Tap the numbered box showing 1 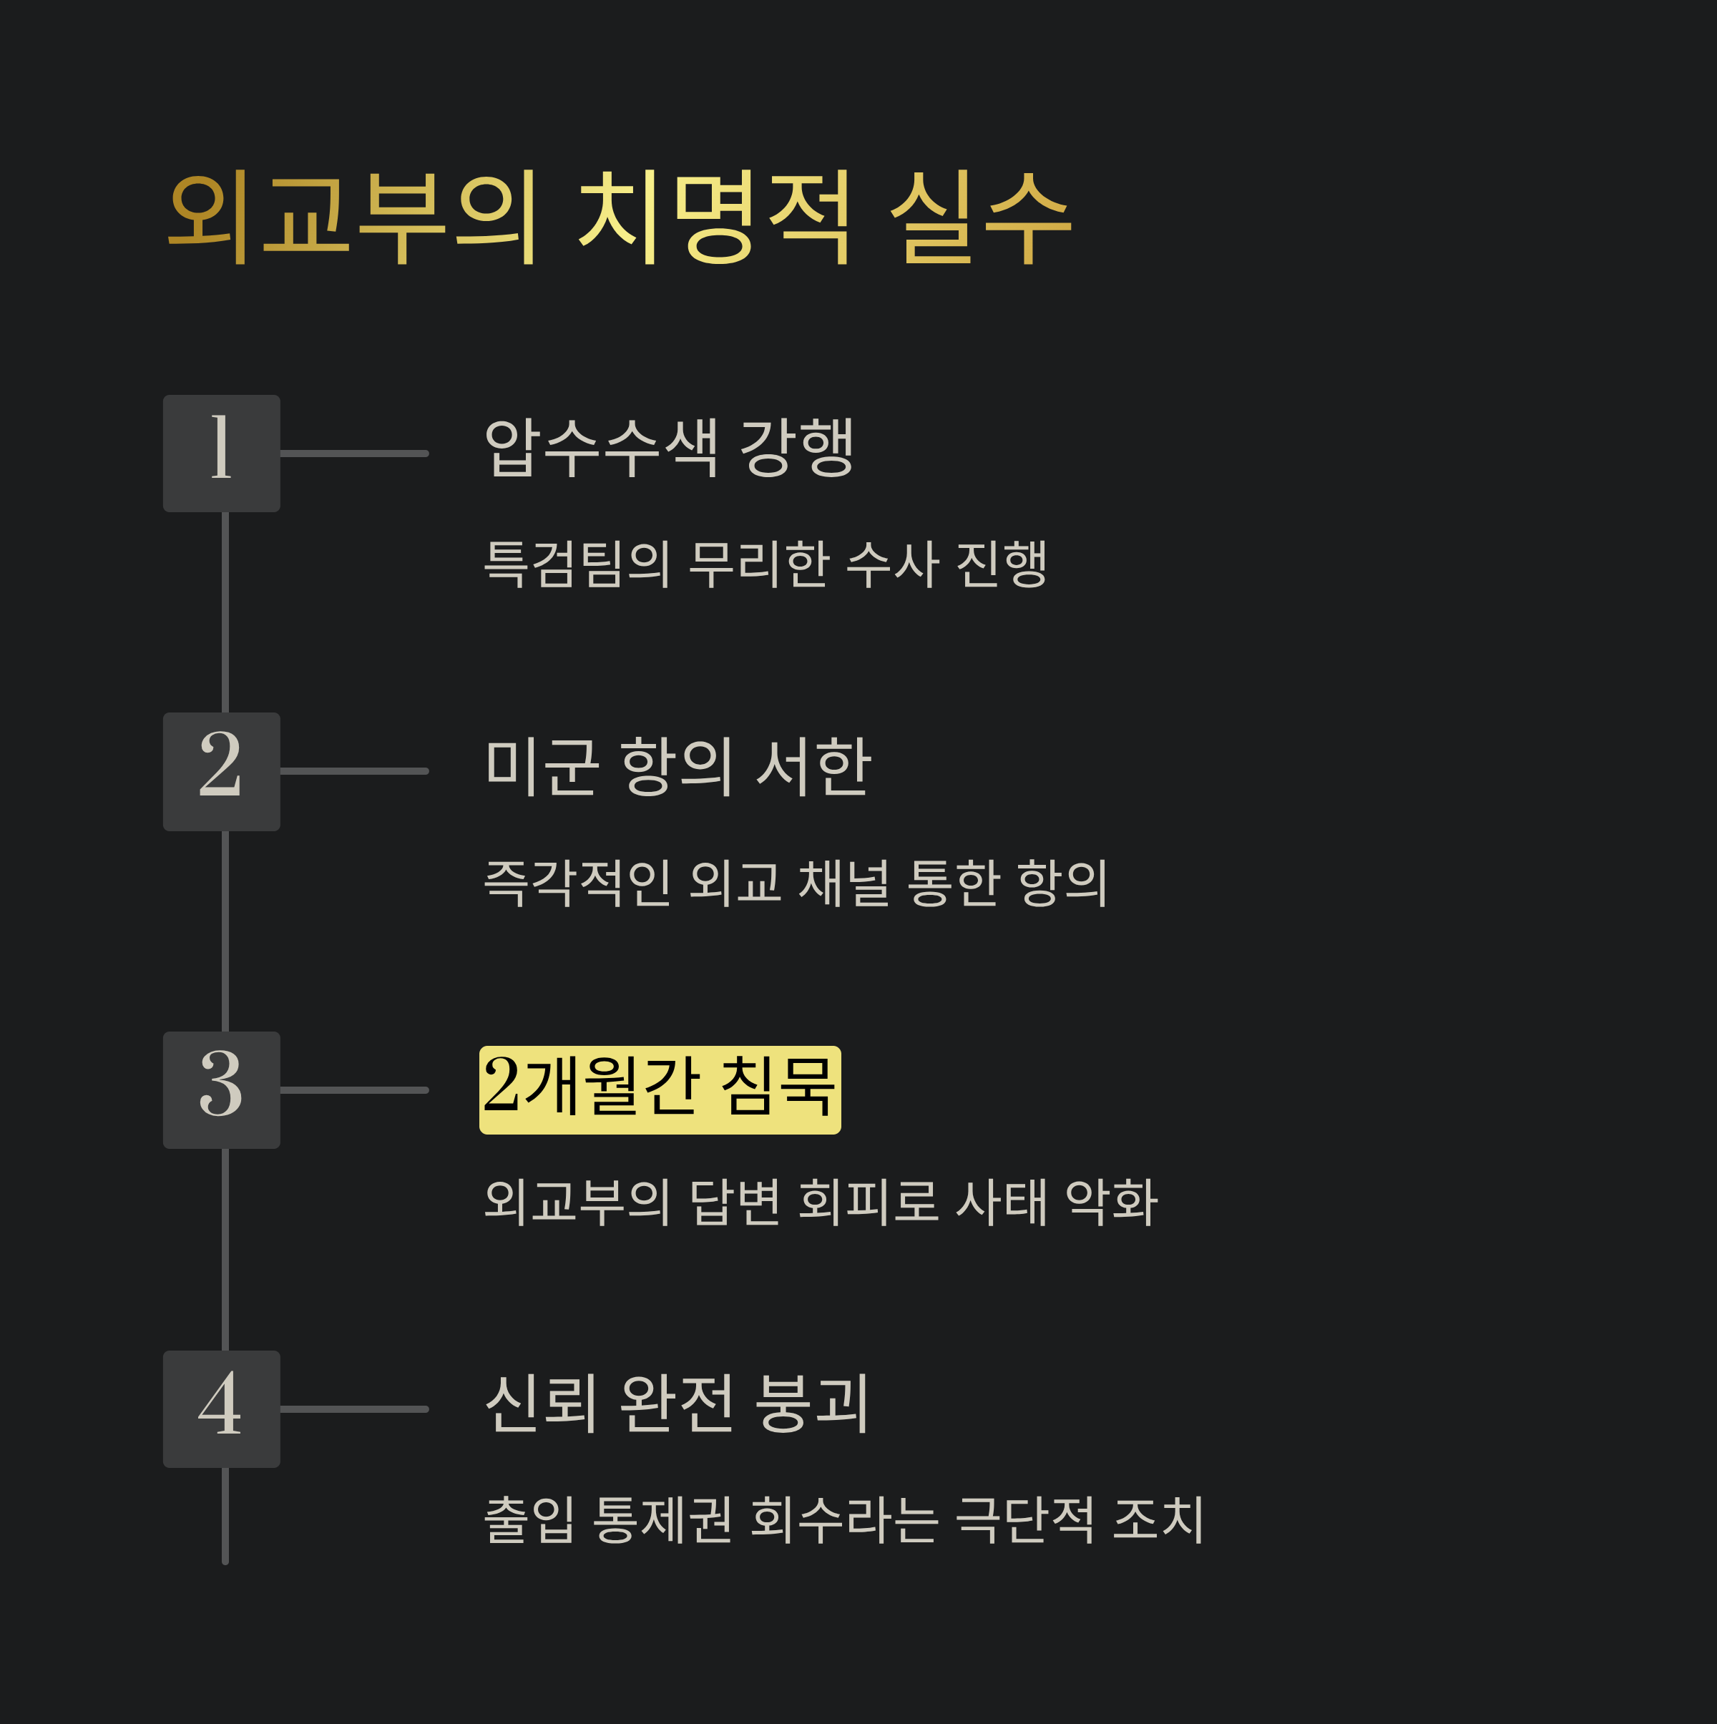click(221, 454)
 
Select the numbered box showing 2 click(221, 772)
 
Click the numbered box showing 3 click(221, 1090)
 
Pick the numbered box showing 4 click(221, 1409)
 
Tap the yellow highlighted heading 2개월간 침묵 click(660, 1090)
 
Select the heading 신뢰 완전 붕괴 click(677, 1404)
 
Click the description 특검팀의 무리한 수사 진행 click(765, 564)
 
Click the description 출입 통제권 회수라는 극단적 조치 click(844, 1519)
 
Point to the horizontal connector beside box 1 click(354, 454)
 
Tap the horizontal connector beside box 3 click(354, 1090)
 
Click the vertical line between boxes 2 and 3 click(225, 931)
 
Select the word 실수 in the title click(981, 217)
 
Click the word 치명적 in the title click(715, 217)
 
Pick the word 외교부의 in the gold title click(353, 217)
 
